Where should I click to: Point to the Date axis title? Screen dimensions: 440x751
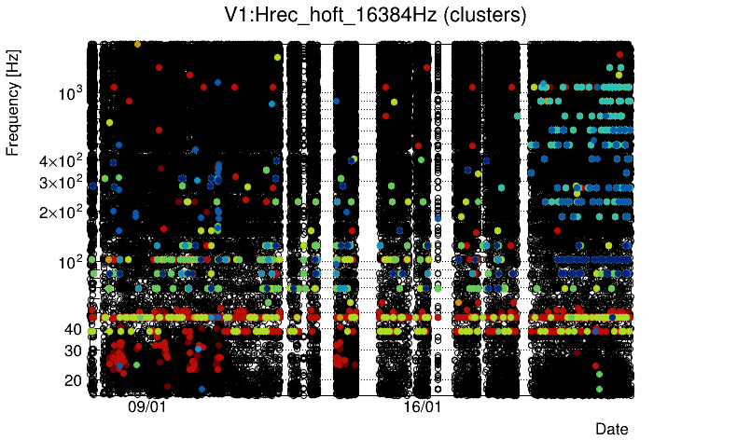coord(612,429)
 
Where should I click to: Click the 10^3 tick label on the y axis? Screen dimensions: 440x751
coord(71,93)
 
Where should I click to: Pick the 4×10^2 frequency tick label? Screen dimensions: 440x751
coord(62,161)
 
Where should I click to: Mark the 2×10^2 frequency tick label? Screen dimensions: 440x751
coord(62,212)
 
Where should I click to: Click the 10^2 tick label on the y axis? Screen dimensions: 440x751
coord(71,262)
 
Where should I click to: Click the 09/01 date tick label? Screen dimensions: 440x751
coord(146,407)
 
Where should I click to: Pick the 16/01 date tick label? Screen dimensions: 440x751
coord(422,407)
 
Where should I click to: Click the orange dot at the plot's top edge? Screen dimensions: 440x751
coord(138,44)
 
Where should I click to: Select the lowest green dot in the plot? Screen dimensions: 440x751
coord(599,387)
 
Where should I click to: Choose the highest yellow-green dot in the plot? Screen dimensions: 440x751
coord(278,57)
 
